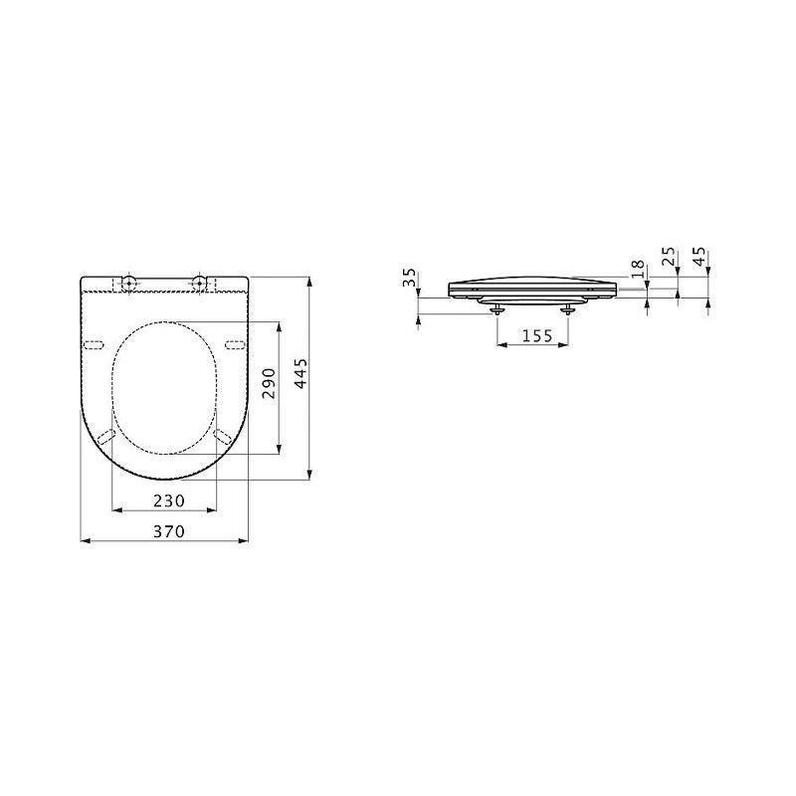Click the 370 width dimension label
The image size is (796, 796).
(x=169, y=531)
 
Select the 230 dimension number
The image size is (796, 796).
(x=169, y=501)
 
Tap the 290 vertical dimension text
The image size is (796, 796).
(x=269, y=383)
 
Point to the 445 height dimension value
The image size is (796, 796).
(x=300, y=374)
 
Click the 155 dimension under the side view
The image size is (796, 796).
(x=537, y=335)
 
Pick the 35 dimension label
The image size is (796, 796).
(x=410, y=278)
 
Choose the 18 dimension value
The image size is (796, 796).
(x=638, y=269)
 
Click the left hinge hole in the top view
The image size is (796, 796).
(x=129, y=284)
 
